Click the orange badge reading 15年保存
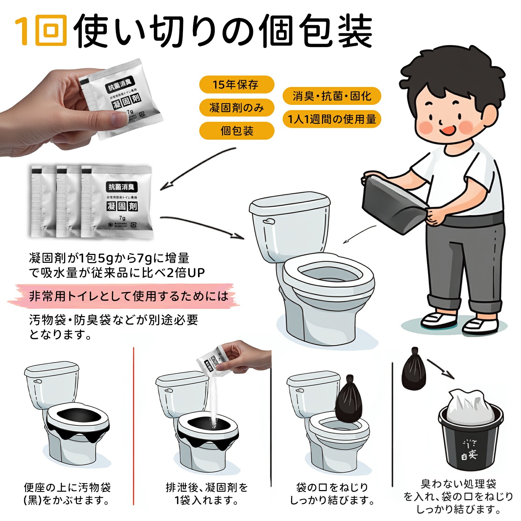pyautogui.click(x=236, y=85)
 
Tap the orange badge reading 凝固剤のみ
pyautogui.click(x=236, y=108)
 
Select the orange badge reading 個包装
pyautogui.click(x=236, y=131)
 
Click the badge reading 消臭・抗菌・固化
pyautogui.click(x=331, y=96)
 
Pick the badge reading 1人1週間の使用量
pyautogui.click(x=331, y=119)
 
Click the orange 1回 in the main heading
pyautogui.click(x=41, y=30)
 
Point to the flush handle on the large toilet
pyautogui.click(x=269, y=222)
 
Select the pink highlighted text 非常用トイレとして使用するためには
pyautogui.click(x=129, y=296)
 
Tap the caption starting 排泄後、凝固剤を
pyautogui.click(x=206, y=494)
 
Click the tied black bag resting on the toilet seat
pyautogui.click(x=349, y=399)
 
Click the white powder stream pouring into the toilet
pyautogui.click(x=213, y=404)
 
